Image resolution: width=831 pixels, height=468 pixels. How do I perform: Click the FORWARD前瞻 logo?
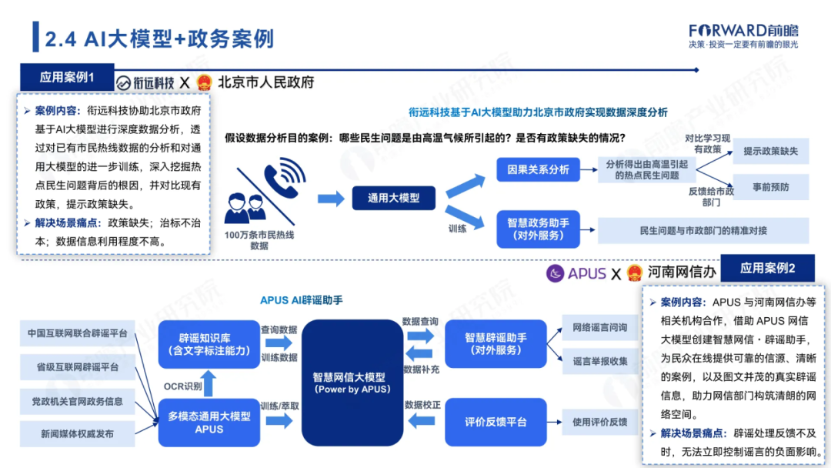click(743, 31)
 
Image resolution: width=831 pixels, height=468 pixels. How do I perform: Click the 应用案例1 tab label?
click(67, 78)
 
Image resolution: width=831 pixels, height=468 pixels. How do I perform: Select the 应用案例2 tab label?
click(767, 269)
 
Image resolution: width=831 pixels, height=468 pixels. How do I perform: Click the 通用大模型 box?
click(393, 198)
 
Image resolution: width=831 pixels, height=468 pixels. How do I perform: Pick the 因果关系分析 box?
click(538, 169)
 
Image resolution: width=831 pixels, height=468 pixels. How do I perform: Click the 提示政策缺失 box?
click(770, 152)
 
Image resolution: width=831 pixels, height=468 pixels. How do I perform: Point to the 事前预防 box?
click(770, 187)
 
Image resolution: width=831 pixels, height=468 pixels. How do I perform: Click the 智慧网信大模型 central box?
click(352, 383)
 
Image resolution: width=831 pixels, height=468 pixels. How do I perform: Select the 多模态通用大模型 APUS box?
click(209, 422)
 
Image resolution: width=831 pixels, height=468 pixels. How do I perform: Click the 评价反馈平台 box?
click(496, 422)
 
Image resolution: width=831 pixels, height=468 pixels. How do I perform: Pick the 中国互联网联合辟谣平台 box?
click(77, 334)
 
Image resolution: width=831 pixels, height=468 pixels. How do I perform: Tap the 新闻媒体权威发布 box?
click(77, 434)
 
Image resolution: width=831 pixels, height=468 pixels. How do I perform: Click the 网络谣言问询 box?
click(600, 327)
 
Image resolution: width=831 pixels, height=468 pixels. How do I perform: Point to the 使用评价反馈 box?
click(600, 422)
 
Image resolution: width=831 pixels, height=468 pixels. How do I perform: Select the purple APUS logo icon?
click(556, 272)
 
